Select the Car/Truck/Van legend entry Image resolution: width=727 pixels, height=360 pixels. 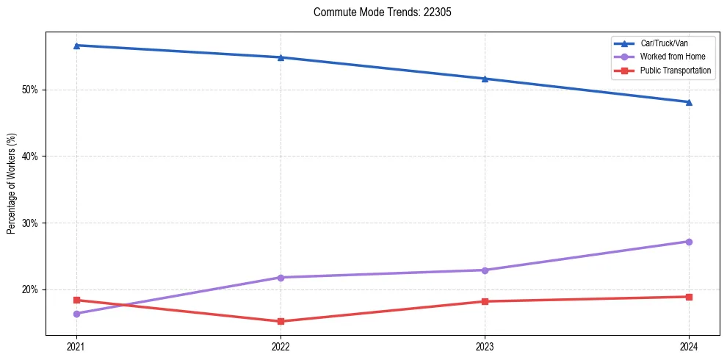(x=664, y=43)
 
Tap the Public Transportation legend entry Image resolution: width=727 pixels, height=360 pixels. (x=676, y=71)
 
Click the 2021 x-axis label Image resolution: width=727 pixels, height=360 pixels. (x=76, y=346)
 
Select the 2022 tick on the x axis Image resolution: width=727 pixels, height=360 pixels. (x=281, y=346)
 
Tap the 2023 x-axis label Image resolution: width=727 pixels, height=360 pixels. (x=485, y=346)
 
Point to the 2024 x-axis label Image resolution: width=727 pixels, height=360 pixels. (x=689, y=346)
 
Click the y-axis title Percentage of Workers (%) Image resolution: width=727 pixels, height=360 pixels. (x=11, y=184)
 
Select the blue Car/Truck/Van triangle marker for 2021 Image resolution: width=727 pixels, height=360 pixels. (x=76, y=46)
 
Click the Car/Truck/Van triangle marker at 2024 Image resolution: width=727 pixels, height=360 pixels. (x=689, y=102)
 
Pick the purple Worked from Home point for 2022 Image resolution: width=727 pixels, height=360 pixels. (x=281, y=277)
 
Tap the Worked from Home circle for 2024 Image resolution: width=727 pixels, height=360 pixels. (x=689, y=242)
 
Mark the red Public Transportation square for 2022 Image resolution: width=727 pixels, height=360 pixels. (x=281, y=321)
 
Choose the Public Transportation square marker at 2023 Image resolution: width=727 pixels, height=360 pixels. (x=485, y=301)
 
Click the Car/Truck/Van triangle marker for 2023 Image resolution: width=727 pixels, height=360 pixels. (x=485, y=79)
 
